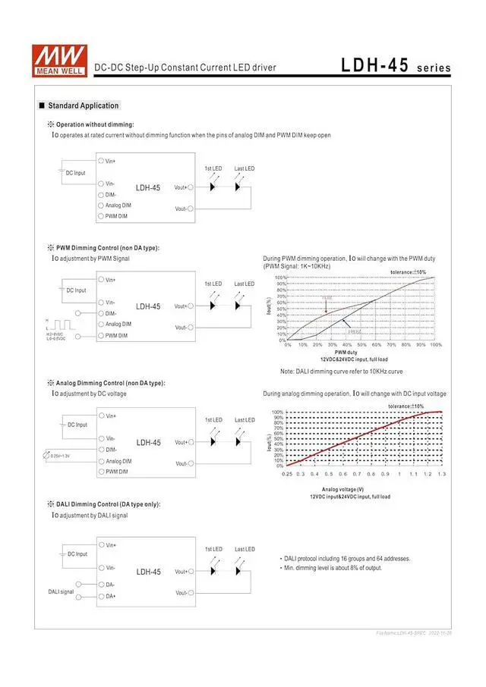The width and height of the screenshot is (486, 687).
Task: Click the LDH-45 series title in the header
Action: pos(395,66)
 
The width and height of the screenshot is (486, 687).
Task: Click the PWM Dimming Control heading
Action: pos(108,248)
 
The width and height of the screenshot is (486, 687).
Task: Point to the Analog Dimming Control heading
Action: pos(110,383)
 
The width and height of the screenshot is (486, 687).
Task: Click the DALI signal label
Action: pos(62,591)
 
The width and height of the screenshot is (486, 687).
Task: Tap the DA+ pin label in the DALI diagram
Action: pos(111,597)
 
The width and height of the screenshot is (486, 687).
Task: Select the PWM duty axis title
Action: pos(346,352)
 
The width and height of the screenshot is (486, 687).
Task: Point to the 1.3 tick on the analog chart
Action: pos(441,473)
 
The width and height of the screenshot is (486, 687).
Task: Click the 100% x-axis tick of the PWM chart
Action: pos(435,344)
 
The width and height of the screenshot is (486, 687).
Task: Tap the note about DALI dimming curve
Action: pos(341,371)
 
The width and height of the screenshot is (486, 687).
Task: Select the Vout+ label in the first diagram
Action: pos(180,187)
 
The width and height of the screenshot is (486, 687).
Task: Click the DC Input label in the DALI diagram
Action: pos(76,554)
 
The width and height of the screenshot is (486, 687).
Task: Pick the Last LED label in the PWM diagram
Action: pos(244,284)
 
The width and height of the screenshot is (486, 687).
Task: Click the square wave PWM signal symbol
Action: pos(58,324)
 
